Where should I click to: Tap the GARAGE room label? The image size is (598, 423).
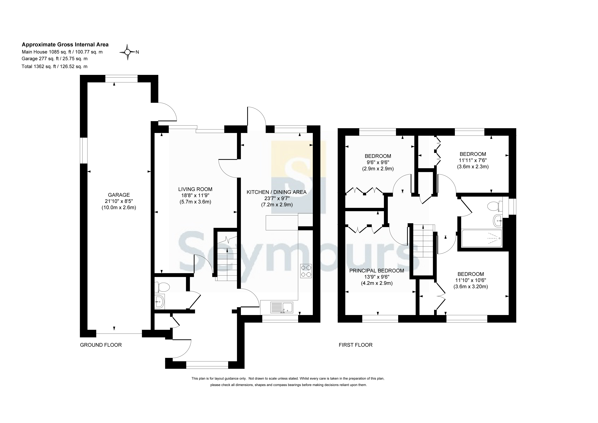[119, 195]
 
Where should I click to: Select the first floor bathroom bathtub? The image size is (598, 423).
[482, 238]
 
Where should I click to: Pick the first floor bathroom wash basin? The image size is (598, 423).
[498, 221]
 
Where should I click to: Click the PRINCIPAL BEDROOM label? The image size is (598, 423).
[377, 271]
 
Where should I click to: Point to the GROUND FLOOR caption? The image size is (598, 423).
[101, 345]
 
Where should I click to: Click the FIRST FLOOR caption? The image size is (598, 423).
[356, 345]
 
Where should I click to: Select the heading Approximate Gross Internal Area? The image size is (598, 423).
[65, 45]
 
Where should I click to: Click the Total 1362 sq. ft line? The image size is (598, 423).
[54, 67]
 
